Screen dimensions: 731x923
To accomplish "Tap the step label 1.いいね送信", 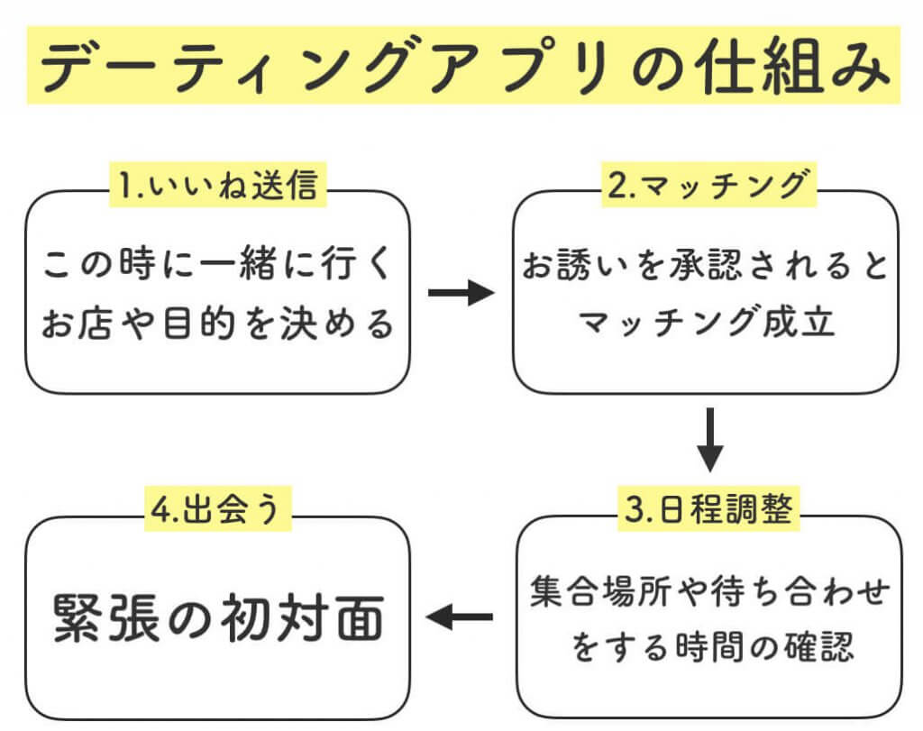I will tap(216, 186).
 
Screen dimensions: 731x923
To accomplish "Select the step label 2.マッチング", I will tap(708, 186).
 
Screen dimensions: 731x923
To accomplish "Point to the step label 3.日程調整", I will tap(708, 510).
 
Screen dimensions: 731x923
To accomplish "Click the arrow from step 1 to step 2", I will tap(461, 294).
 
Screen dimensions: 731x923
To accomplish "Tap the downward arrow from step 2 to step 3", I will tap(710, 440).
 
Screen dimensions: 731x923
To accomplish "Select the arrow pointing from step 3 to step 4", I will tap(460, 617).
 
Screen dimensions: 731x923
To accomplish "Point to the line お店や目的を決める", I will tap(217, 324).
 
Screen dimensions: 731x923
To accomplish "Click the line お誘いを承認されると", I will tap(707, 267).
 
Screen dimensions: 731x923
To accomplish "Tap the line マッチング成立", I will tap(707, 323).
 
